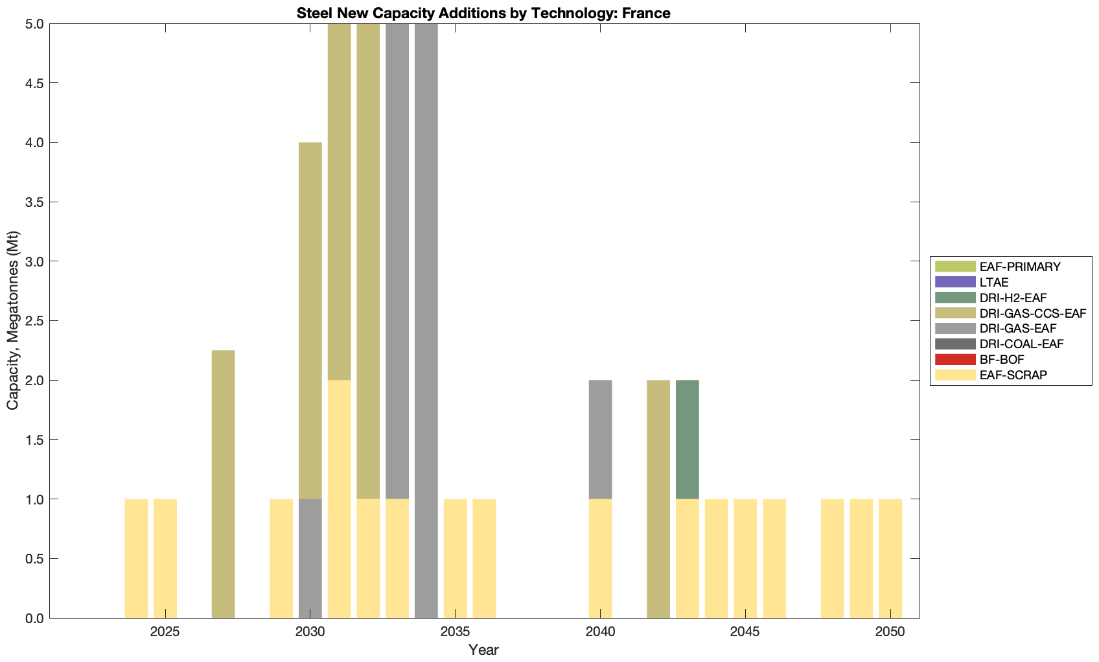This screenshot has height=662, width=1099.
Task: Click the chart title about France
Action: [483, 13]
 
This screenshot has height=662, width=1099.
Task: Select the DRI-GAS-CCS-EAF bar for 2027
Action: [224, 484]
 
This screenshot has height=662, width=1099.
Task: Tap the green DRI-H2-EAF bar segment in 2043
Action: [687, 440]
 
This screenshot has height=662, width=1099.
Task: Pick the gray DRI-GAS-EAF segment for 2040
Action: [600, 440]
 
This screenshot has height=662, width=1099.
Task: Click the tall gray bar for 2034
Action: [426, 320]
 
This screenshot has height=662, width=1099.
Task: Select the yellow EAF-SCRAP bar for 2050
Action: [890, 558]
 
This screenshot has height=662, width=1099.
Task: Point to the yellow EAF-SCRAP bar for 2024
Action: [136, 558]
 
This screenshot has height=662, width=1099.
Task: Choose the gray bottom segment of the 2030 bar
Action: [310, 558]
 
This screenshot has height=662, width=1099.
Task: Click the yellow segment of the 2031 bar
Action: [340, 499]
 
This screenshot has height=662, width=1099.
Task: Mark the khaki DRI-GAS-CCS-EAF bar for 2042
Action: [658, 499]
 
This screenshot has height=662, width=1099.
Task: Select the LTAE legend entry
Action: [994, 282]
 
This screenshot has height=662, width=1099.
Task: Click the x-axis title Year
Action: [483, 650]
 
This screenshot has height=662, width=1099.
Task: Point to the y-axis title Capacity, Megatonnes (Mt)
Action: [12, 320]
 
